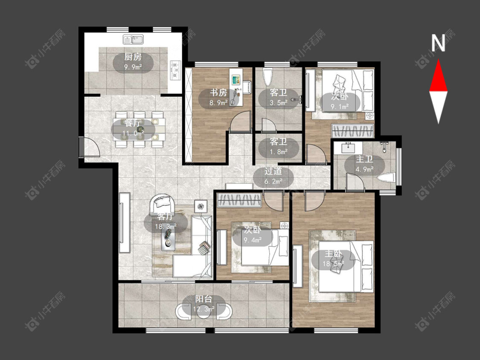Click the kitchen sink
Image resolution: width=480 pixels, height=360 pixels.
point(134,40)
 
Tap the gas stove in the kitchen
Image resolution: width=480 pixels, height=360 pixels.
point(176,70)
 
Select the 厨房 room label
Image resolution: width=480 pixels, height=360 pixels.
point(133,57)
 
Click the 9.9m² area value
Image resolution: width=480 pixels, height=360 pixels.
point(133,67)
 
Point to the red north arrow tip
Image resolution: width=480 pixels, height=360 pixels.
point(438,60)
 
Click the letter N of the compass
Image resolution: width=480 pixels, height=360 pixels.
point(438,43)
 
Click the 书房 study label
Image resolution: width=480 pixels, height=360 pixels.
point(218,93)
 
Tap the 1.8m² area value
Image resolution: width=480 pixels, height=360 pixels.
point(279,151)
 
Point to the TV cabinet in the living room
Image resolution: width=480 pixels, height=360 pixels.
point(125,223)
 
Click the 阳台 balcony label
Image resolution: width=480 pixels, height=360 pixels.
point(204,299)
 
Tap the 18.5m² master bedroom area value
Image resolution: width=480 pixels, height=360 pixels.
point(333,264)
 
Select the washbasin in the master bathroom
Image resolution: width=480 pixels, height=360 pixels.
point(348,148)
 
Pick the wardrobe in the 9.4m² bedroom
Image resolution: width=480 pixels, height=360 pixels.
point(239,200)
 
